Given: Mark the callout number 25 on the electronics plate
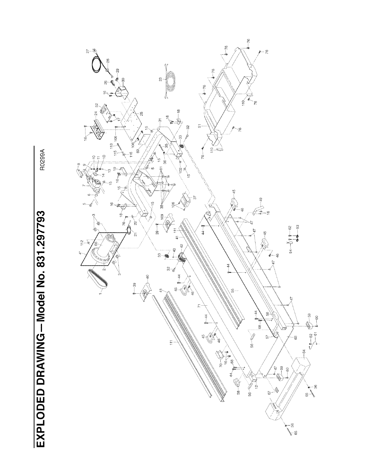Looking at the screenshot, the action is (x=141, y=113).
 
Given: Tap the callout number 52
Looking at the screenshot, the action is (x=97, y=105).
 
